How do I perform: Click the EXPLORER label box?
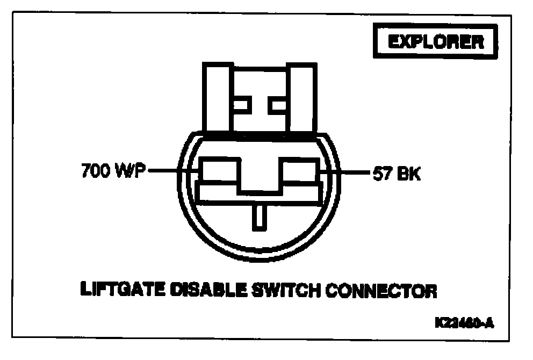pos(435,42)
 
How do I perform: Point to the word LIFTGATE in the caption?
pos(114,290)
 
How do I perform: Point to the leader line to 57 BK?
pos(347,173)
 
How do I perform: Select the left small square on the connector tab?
pos(241,105)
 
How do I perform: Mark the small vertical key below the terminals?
pos(260,217)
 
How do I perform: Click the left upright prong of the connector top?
pos(217,97)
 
